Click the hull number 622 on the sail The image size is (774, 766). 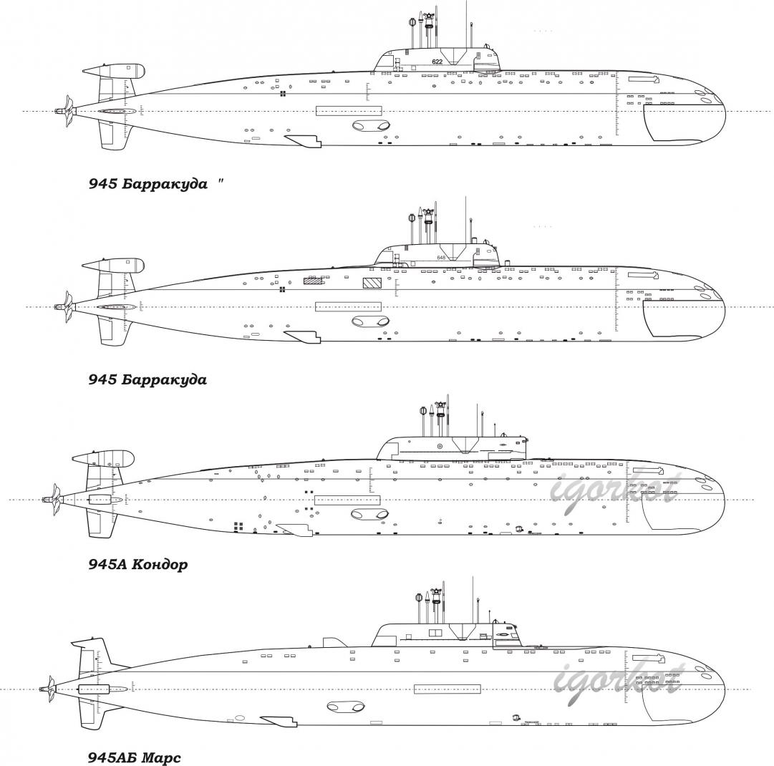click(x=437, y=62)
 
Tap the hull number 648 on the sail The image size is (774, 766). click(x=442, y=258)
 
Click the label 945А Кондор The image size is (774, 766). click(x=138, y=565)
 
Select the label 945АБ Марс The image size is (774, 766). click(x=135, y=757)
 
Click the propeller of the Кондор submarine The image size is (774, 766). click(x=52, y=499)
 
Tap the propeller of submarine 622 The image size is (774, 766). click(x=66, y=111)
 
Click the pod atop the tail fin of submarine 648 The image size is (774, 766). click(x=115, y=265)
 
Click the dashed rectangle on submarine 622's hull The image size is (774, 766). click(x=349, y=110)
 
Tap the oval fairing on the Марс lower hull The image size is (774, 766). click(x=344, y=707)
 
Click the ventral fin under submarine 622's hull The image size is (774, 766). click(x=304, y=140)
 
